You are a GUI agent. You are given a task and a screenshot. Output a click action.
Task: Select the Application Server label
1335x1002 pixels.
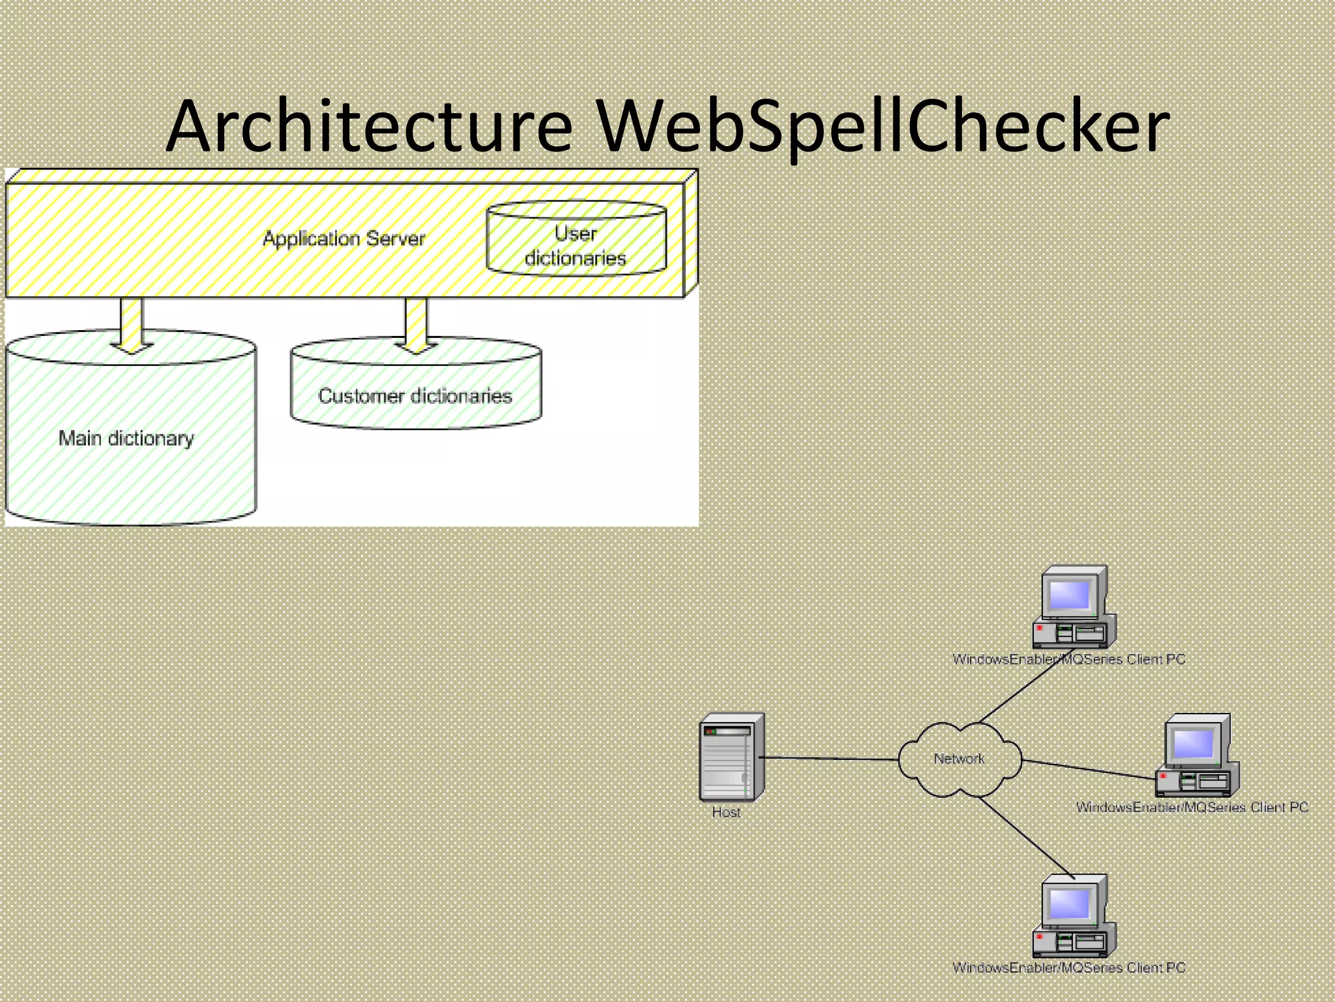[x=344, y=239]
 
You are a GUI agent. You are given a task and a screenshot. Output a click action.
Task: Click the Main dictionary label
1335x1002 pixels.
[x=126, y=438]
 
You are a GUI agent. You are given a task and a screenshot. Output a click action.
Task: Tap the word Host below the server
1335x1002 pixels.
[x=726, y=812]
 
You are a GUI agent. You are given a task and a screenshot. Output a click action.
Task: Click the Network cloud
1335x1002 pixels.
[x=959, y=759]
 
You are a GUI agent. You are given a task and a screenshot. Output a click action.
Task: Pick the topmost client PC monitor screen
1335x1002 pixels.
[x=1070, y=594]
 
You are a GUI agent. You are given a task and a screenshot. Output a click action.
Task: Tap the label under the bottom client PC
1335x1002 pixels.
[x=1068, y=968]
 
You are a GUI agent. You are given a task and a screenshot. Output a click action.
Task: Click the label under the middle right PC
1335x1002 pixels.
[x=1192, y=808]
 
